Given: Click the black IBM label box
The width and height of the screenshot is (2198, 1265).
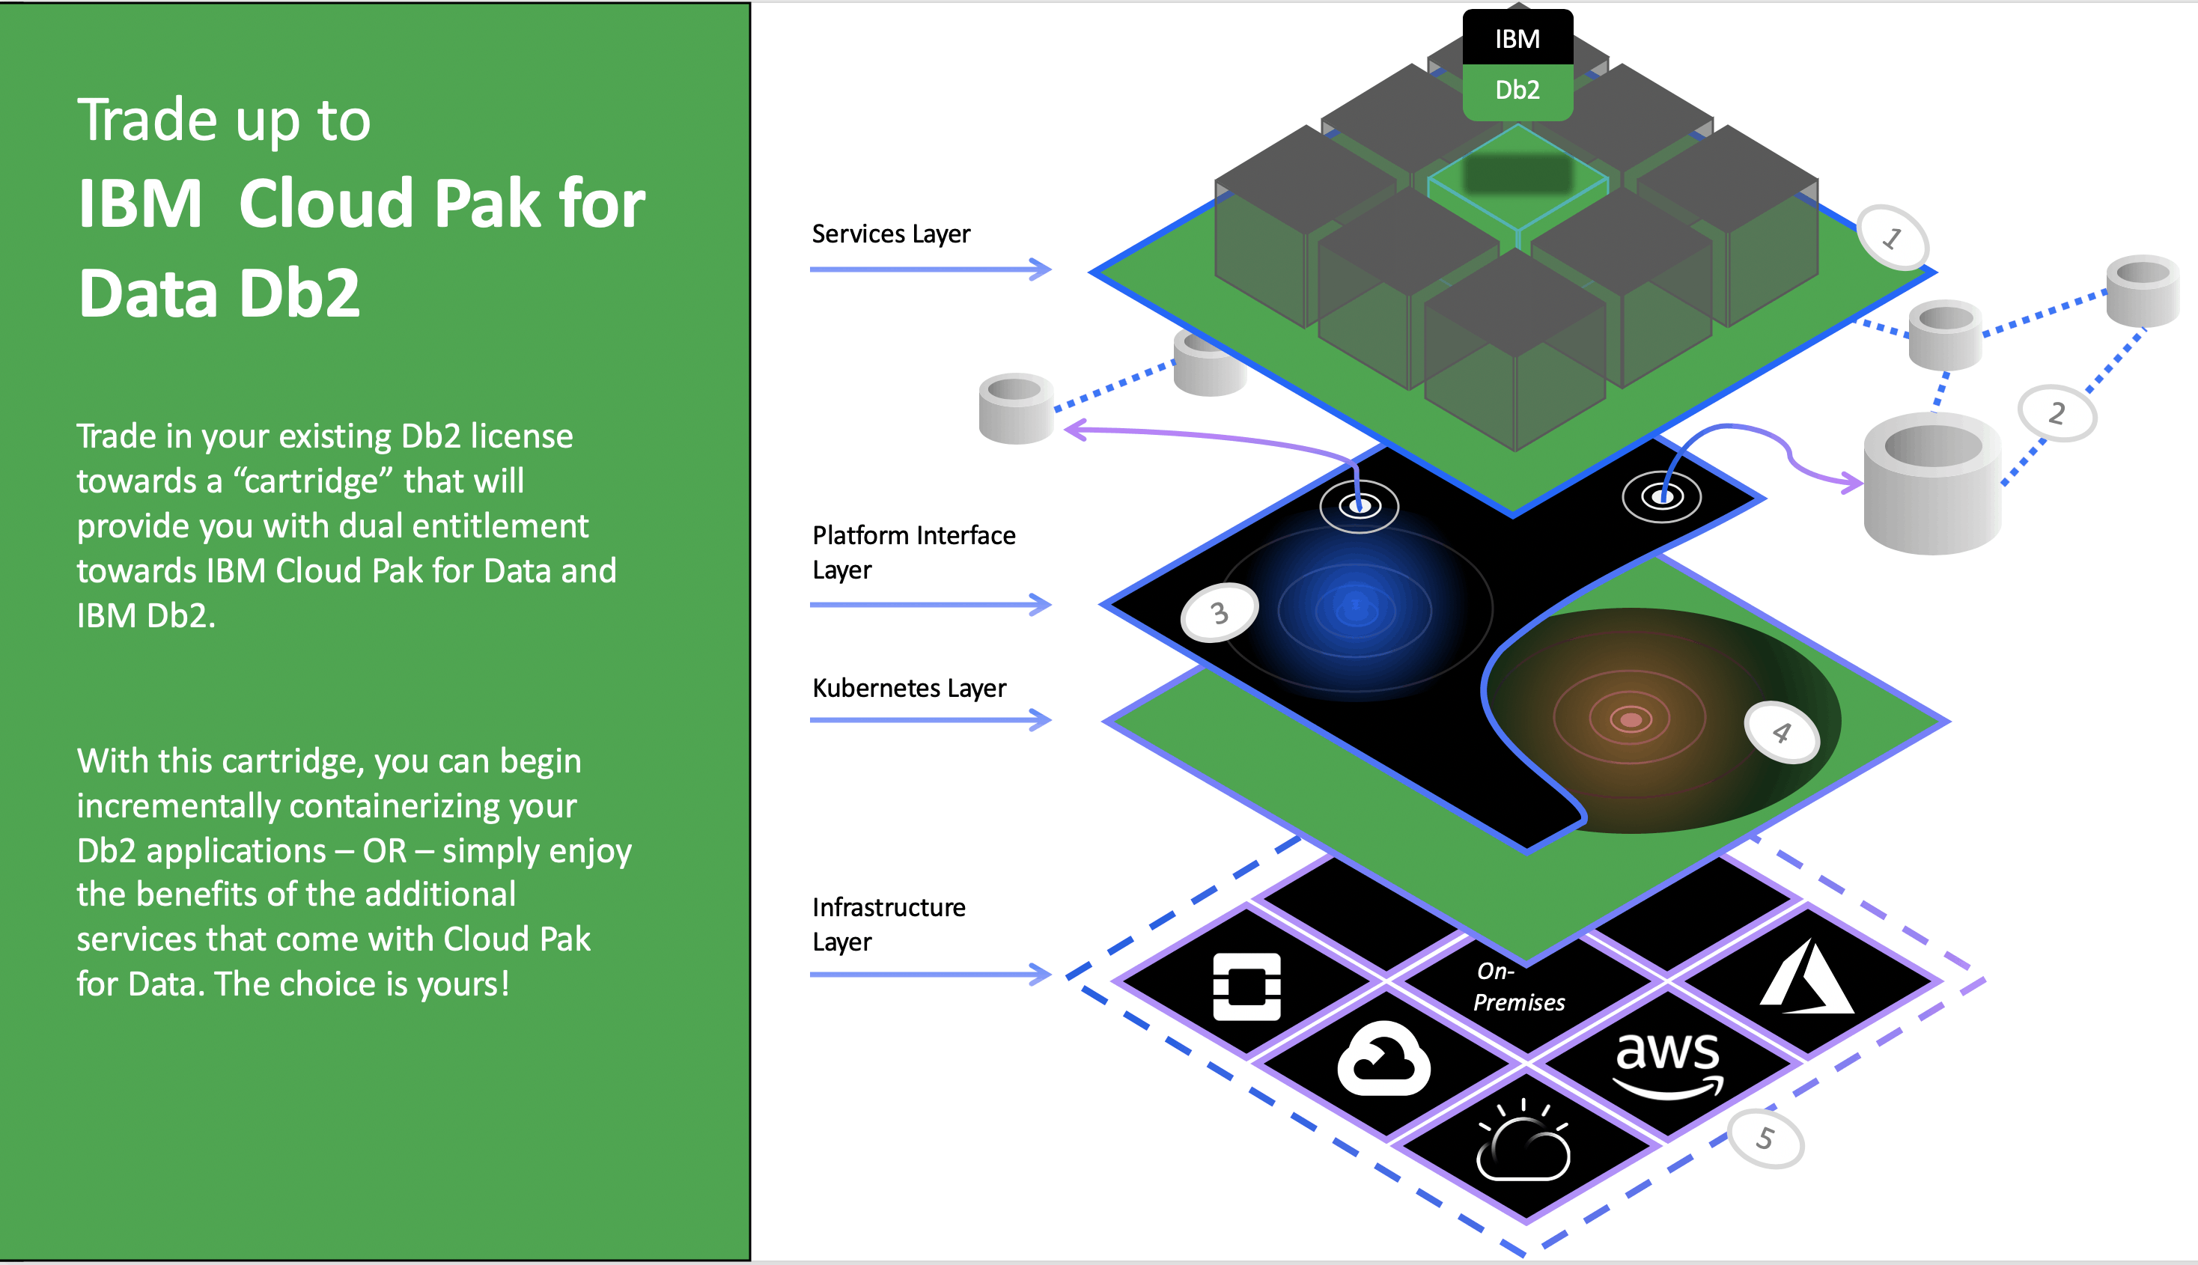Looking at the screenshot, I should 1517,38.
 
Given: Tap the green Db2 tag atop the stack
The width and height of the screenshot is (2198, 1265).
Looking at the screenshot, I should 1517,91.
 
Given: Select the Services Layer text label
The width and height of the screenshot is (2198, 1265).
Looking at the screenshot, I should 890,234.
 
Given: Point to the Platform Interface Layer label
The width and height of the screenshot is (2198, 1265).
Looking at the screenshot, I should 913,552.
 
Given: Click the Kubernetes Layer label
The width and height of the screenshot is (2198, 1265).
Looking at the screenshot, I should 909,688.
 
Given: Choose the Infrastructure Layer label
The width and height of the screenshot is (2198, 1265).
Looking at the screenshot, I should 888,924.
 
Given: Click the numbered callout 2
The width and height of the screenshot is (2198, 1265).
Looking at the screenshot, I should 2056,412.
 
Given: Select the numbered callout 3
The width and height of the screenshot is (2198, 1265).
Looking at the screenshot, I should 1219,612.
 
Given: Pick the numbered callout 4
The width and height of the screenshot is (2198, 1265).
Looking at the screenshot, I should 1781,732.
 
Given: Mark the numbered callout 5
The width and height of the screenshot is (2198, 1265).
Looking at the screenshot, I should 1765,1138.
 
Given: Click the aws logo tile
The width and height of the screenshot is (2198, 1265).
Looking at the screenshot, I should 1667,1064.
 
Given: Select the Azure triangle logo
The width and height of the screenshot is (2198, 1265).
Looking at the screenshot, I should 1807,979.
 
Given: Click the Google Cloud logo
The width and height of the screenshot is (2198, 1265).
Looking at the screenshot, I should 1383,1059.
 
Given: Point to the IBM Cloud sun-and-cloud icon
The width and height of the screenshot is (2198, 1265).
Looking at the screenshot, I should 1523,1141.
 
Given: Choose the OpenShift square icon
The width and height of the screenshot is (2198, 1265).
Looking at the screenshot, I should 1246,986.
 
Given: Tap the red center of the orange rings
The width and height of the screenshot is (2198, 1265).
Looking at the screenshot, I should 1631,719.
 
